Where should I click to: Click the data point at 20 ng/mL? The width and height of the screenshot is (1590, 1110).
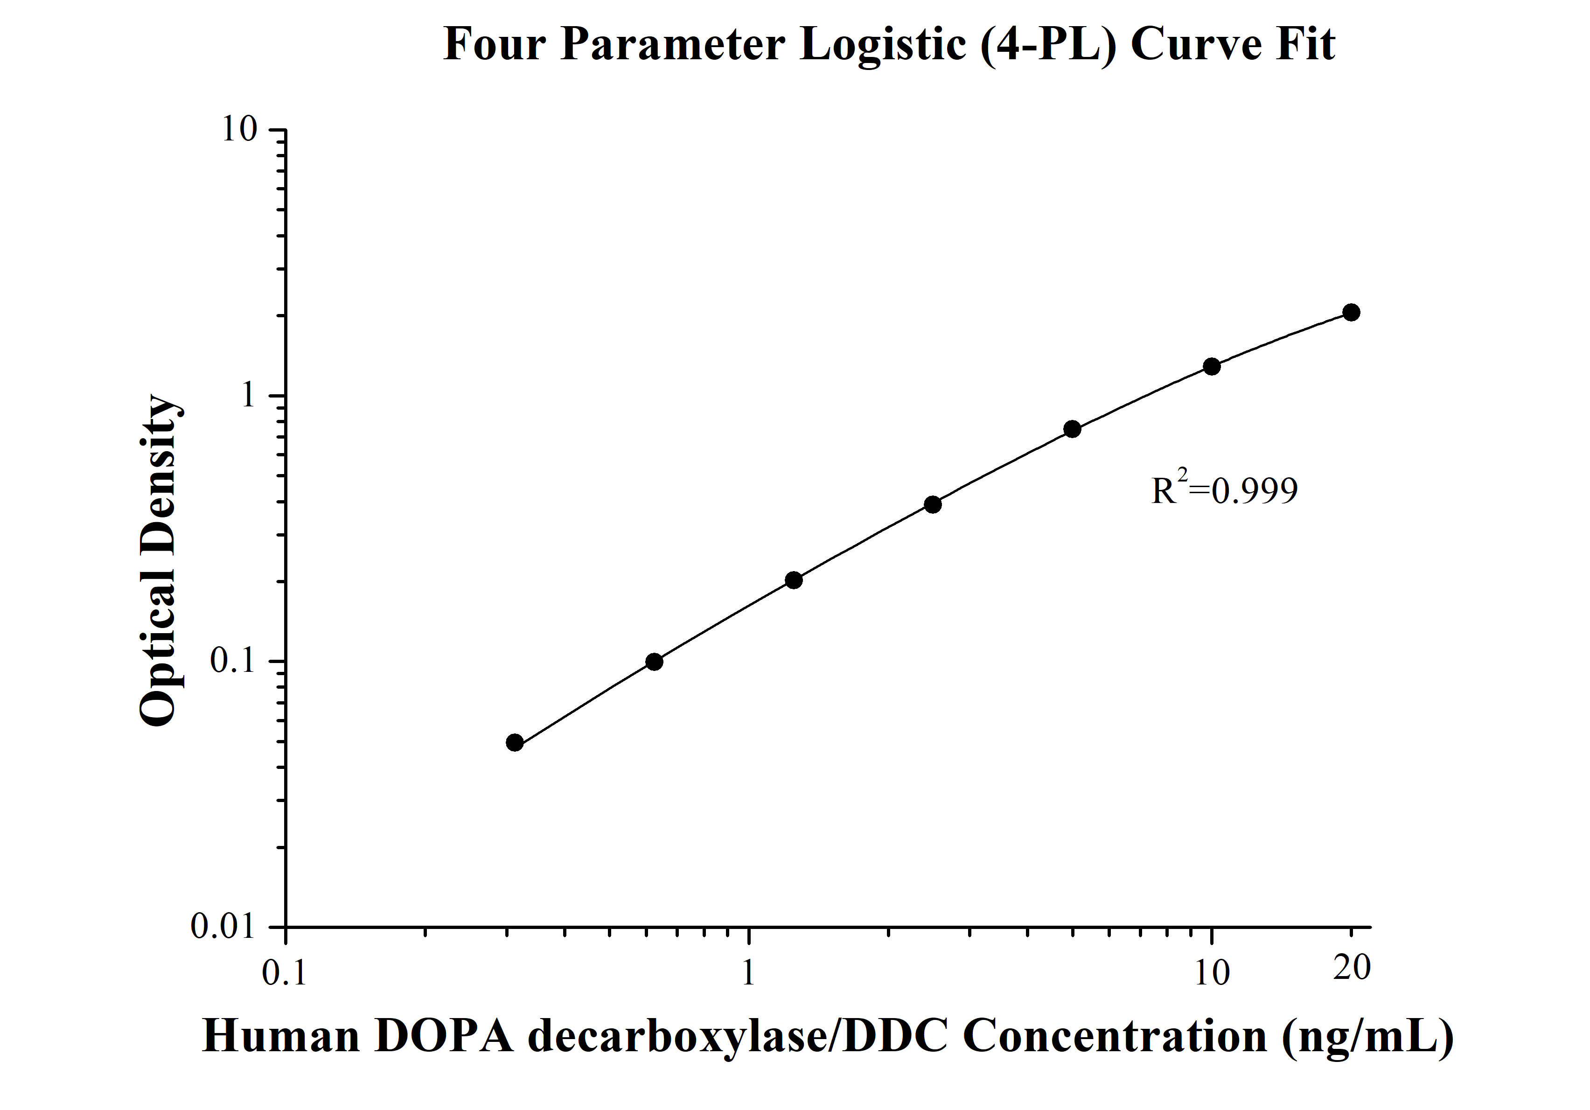(x=1350, y=312)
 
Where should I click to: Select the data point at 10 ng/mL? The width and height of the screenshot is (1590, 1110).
(x=1211, y=366)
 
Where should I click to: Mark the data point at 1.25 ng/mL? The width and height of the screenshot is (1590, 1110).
(x=794, y=580)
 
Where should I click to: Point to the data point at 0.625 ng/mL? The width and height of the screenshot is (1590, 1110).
(x=654, y=662)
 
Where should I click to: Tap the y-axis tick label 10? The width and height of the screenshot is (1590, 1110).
(x=239, y=130)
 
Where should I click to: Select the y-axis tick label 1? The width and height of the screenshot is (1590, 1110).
(x=248, y=395)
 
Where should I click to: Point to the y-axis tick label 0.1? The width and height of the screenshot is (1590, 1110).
(x=233, y=661)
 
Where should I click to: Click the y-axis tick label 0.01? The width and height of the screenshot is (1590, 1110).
(x=223, y=927)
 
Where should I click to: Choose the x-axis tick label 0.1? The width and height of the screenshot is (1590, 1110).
(x=285, y=973)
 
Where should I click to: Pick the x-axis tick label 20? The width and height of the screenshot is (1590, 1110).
(x=1352, y=968)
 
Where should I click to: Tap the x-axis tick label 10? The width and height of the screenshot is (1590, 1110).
(x=1212, y=973)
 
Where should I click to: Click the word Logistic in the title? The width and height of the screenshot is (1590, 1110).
(x=882, y=45)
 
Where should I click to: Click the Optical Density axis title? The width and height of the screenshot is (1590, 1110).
(x=159, y=561)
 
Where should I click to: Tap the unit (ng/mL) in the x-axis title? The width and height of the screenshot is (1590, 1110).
(x=1368, y=1037)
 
